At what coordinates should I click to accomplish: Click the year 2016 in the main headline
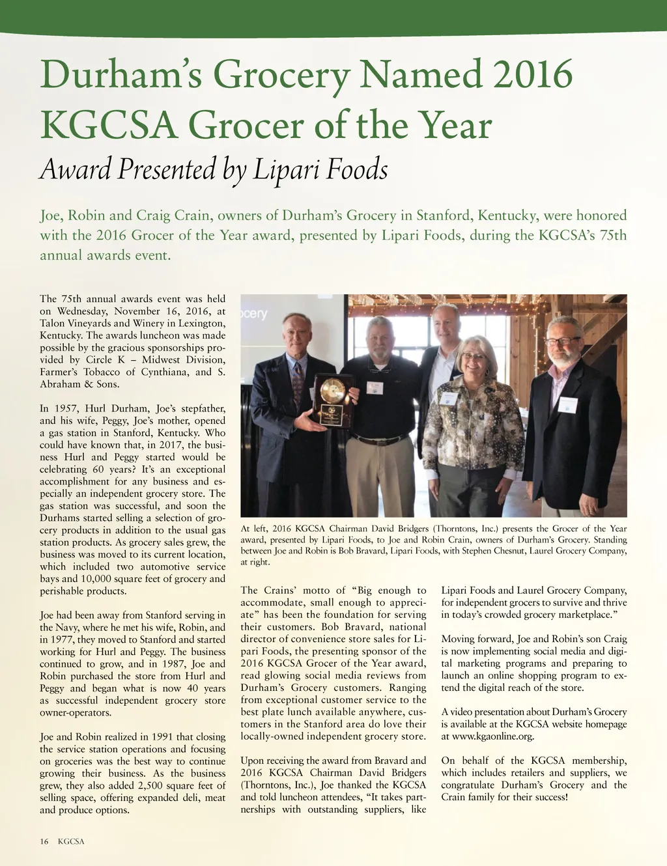click(x=533, y=74)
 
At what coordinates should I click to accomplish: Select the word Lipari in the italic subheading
click(x=285, y=170)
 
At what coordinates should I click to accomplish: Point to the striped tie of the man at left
click(x=298, y=384)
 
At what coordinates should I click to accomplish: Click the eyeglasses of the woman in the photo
click(x=474, y=356)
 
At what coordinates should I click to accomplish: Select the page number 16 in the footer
click(x=44, y=841)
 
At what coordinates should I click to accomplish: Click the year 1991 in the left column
click(x=162, y=736)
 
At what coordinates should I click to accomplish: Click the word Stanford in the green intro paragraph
click(x=445, y=216)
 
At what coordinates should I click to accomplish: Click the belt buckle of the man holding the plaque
click(x=376, y=441)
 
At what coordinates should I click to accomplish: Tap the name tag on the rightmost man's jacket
click(x=567, y=404)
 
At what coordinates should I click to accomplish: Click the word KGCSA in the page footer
click(x=71, y=841)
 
